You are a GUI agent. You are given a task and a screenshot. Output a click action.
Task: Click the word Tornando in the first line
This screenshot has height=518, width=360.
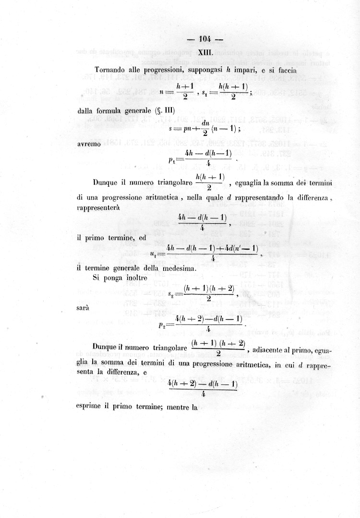[111, 70]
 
